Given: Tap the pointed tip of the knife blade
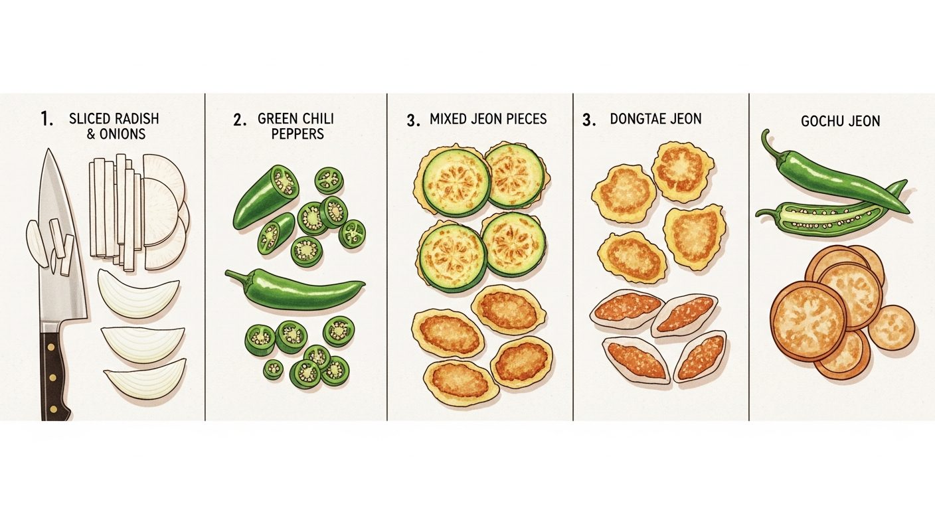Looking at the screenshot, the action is coord(49,149).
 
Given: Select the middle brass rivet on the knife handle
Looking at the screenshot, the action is coord(53,377).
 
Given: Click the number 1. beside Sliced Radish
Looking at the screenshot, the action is coord(46,120).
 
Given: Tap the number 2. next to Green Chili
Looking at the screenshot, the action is coord(240,120).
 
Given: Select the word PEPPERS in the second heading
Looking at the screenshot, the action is coord(297,134).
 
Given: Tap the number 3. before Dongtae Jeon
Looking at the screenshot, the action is coord(589,120).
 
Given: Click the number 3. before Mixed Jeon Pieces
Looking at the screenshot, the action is coord(413,121).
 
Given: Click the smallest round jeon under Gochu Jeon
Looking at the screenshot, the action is coord(891,327).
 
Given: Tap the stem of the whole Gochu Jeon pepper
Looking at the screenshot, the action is coord(769,146).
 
